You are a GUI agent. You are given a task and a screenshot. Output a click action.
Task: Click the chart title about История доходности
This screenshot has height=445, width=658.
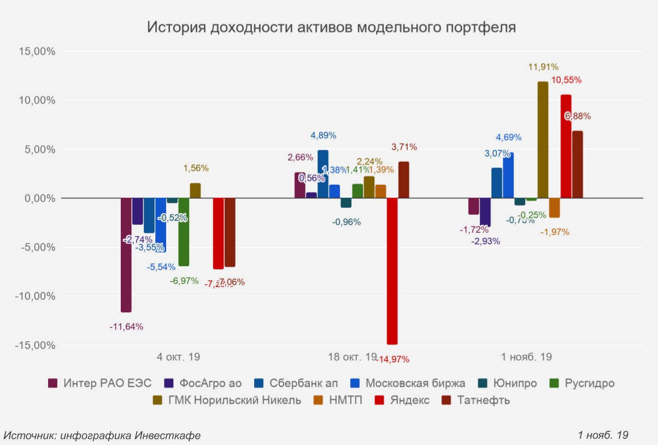pos(331,27)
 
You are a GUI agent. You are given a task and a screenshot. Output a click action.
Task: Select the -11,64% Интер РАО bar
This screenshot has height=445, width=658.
pos(126,255)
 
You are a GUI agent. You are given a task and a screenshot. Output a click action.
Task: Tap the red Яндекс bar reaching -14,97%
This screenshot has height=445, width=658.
pos(392,271)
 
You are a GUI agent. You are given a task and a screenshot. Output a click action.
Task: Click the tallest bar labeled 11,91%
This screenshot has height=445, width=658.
pos(543,139)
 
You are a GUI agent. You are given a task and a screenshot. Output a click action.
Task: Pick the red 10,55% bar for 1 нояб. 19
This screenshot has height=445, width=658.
pos(566,146)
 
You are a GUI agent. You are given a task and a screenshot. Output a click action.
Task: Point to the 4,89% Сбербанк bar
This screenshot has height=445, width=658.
pos(323,174)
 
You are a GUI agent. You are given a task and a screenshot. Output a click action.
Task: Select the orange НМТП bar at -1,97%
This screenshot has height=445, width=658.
pos(554,208)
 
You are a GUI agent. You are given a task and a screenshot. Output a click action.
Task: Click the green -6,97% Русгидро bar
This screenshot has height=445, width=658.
pos(184,232)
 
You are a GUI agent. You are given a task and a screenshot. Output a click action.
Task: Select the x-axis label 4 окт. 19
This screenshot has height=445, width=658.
pos(178,357)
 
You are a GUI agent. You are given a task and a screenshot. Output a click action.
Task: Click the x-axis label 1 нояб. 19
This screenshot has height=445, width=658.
pos(526,357)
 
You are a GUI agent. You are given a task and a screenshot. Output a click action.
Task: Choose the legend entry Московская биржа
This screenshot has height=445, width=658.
pos(415,383)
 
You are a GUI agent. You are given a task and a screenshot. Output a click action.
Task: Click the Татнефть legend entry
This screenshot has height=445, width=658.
pos(483,400)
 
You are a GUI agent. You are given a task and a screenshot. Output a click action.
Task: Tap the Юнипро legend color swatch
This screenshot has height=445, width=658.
pos(483,383)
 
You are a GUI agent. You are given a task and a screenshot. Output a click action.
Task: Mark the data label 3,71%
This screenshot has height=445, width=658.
pos(404,147)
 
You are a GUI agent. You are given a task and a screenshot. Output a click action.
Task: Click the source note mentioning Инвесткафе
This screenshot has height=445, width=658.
pos(102,435)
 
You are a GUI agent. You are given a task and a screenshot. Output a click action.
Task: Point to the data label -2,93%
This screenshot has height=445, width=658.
pos(485,241)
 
